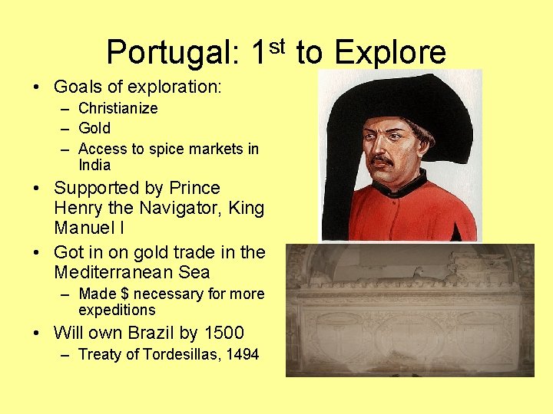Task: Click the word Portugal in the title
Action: pos(173,53)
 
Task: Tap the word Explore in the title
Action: pos(390,53)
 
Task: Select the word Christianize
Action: pos(118,108)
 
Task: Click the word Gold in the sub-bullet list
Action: pos(94,128)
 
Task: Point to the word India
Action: pos(94,165)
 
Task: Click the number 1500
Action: pos(224,333)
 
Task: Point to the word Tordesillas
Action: pos(174,354)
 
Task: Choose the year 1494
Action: pos(242,354)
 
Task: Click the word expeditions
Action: pos(117,310)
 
